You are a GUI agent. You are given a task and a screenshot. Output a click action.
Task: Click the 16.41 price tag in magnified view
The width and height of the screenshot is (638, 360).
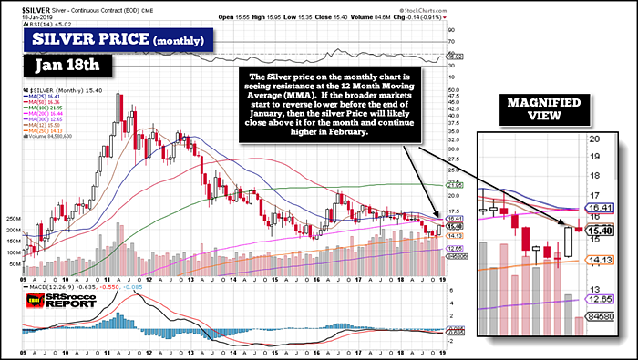[598, 208]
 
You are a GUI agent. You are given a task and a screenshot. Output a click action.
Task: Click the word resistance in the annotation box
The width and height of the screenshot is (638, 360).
[297, 92]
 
